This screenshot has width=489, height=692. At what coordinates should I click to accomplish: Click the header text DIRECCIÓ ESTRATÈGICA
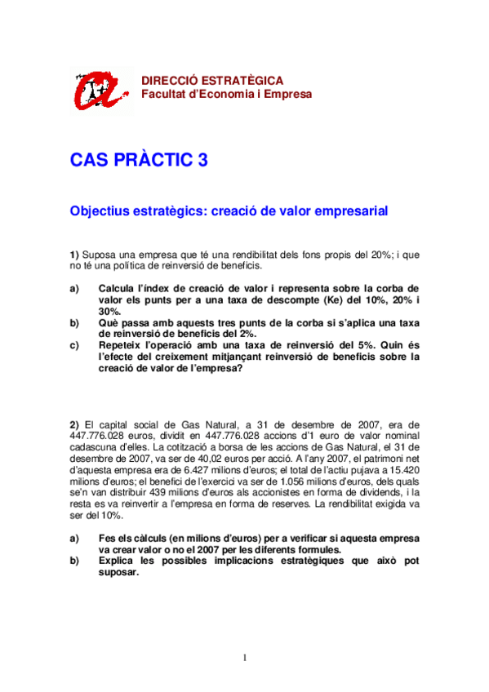tap(212, 81)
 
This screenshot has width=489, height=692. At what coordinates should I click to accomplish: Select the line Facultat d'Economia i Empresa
tap(226, 94)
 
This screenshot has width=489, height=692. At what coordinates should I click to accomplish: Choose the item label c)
tap(74, 345)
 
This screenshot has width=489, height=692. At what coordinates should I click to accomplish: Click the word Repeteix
tap(124, 345)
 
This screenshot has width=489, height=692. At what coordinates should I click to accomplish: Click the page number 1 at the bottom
tap(244, 659)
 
